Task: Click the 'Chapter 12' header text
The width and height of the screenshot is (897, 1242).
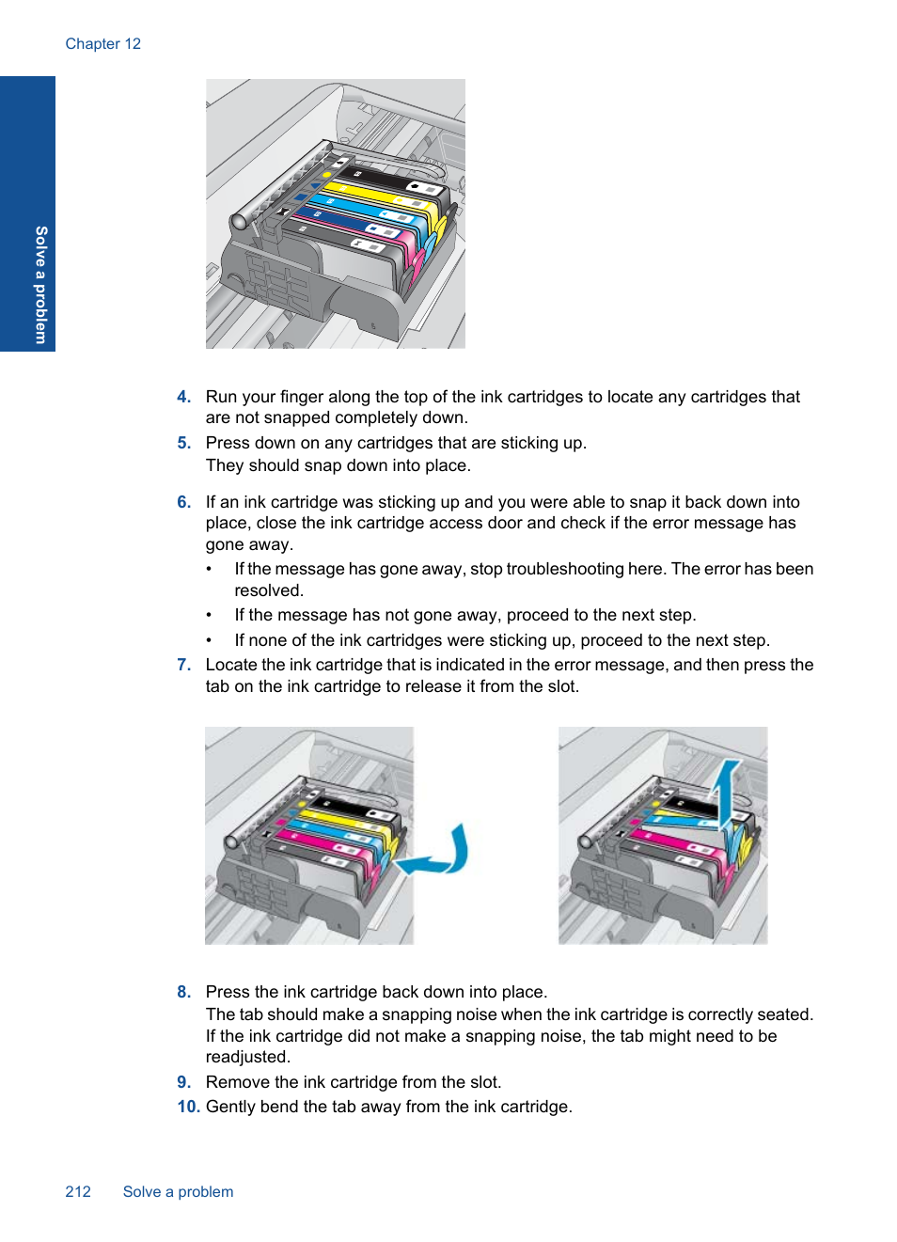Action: (102, 44)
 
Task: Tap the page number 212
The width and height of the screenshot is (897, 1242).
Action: (78, 1191)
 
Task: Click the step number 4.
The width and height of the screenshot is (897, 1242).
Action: (183, 397)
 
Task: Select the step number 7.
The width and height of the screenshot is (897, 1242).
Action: (183, 665)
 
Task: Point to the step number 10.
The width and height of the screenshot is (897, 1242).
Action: (188, 1107)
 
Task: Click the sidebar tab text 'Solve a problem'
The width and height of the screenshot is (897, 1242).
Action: (40, 285)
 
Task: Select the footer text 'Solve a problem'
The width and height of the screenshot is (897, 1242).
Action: (178, 1191)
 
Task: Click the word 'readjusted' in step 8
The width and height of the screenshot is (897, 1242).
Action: (247, 1057)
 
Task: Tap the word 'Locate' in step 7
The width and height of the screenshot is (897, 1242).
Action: (231, 665)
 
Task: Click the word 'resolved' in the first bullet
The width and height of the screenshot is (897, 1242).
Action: (268, 590)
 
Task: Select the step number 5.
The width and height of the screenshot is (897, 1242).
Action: (183, 443)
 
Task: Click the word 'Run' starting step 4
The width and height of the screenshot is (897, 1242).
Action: (221, 397)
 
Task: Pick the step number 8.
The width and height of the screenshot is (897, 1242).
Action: (183, 992)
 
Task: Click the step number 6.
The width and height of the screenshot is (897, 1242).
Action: (183, 502)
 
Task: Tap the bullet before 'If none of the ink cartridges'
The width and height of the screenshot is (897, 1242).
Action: (209, 640)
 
